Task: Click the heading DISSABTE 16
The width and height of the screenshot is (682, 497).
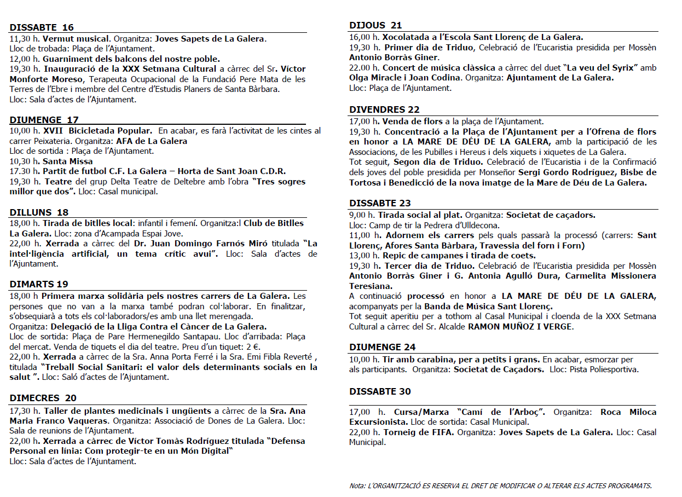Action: (x=42, y=27)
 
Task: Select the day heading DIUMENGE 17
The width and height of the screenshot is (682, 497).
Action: (x=44, y=120)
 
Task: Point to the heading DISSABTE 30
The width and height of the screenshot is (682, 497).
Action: (x=380, y=391)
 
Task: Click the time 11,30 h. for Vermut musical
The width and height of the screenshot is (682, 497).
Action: (x=25, y=39)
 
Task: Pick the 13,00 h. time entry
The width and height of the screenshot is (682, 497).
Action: (x=364, y=256)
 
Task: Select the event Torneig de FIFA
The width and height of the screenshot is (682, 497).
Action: (x=419, y=432)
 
